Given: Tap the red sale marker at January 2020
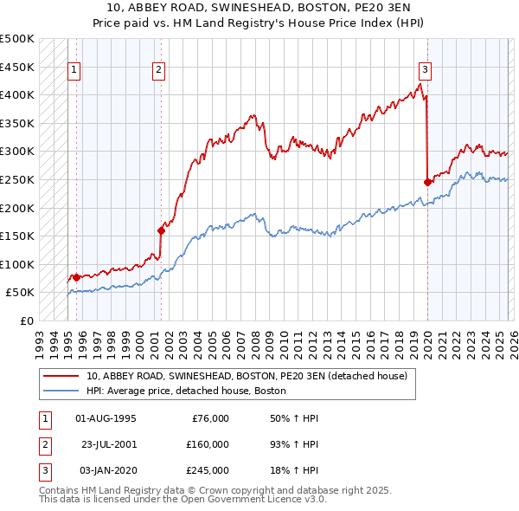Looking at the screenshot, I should point(427,182).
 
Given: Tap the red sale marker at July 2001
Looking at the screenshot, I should point(161,230).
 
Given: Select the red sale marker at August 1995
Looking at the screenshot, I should point(76,277).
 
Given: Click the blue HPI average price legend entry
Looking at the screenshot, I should point(186,391).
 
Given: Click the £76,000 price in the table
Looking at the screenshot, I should point(209,418).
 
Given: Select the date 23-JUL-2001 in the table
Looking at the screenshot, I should point(109,443).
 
